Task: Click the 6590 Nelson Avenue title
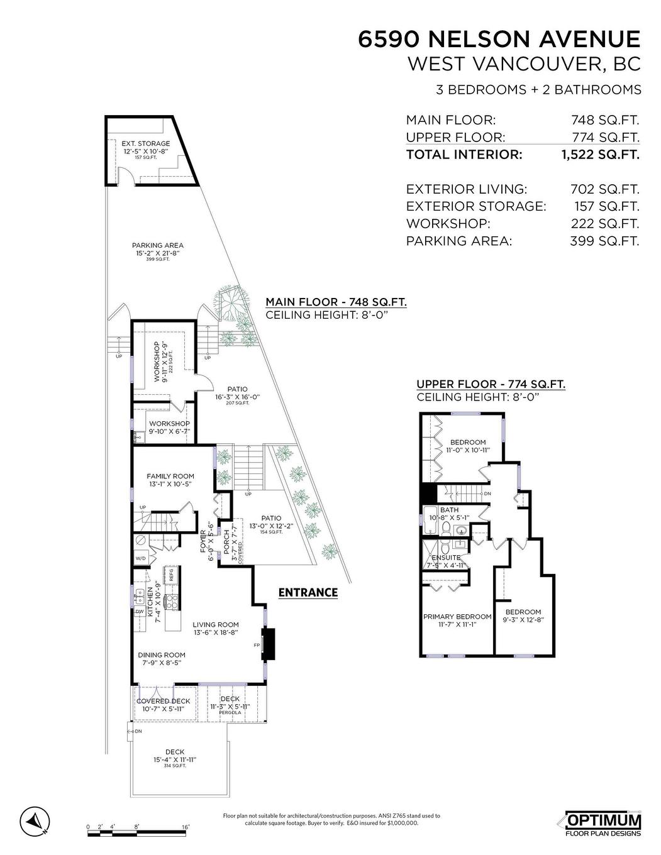point(499,40)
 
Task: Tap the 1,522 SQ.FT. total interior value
point(600,155)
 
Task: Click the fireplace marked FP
point(269,644)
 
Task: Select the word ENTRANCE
point(308,593)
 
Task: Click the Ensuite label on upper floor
point(446,558)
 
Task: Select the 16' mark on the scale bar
point(186,827)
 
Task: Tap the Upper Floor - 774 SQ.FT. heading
point(491,384)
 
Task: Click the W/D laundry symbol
point(140,558)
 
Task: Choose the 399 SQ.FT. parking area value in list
point(607,241)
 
